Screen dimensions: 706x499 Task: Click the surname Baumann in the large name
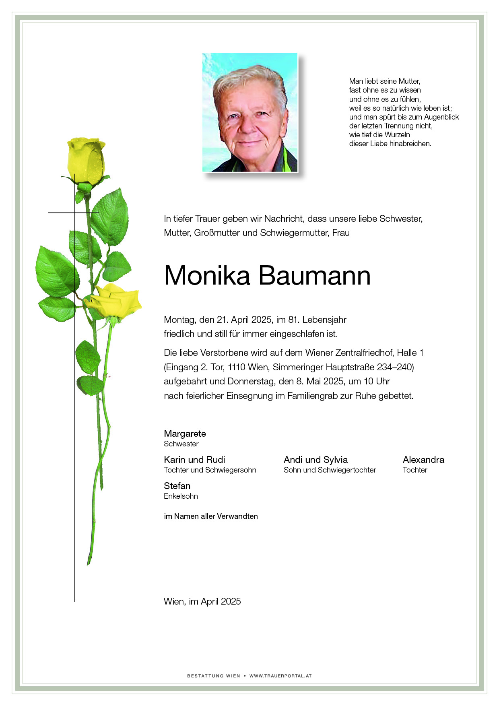[314, 276]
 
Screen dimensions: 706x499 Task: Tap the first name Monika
[207, 276]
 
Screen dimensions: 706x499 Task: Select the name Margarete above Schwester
[185, 434]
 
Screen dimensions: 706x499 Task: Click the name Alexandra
[423, 460]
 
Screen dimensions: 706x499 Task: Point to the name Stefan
[177, 486]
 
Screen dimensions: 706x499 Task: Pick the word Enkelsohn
[181, 496]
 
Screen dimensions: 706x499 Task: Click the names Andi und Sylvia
[315, 460]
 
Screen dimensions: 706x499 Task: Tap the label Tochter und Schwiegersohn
[210, 470]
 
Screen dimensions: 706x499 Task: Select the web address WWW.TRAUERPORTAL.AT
[280, 676]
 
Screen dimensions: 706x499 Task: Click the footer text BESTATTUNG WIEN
[213, 676]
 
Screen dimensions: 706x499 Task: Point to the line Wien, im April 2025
[202, 601]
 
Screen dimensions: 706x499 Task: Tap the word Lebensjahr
[324, 320]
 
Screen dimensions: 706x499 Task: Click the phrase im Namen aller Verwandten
[211, 516]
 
